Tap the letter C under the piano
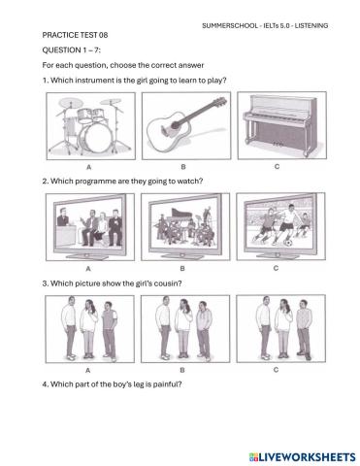coord(278,167)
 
